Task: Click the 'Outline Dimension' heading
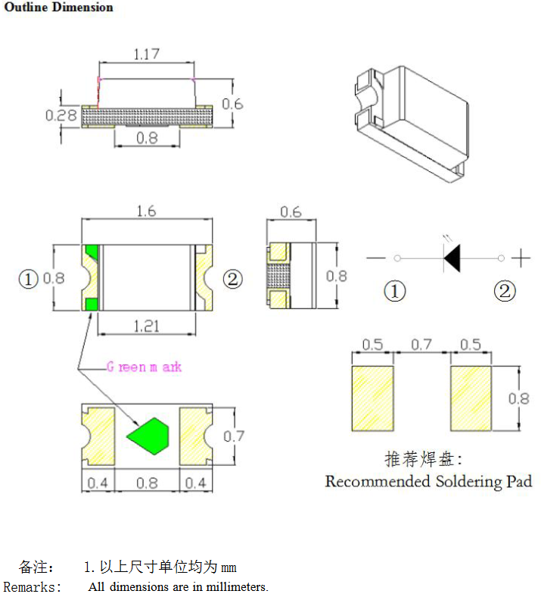click(x=58, y=8)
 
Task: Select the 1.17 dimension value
click(x=147, y=54)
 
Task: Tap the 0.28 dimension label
click(x=61, y=116)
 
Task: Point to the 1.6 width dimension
click(x=146, y=211)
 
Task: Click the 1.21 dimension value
click(x=147, y=327)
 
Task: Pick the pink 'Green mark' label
click(x=145, y=367)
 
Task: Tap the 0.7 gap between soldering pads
click(x=421, y=345)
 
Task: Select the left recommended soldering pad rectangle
click(x=373, y=398)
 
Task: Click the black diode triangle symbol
click(x=451, y=258)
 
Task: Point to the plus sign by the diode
click(x=521, y=258)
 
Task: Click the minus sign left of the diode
click(x=375, y=258)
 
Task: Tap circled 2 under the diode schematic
click(x=505, y=291)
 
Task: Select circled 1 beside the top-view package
click(x=28, y=280)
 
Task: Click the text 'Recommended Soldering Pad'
click(x=428, y=481)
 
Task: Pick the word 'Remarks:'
click(x=33, y=587)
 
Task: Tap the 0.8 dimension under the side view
click(x=147, y=139)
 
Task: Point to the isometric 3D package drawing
click(x=412, y=121)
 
